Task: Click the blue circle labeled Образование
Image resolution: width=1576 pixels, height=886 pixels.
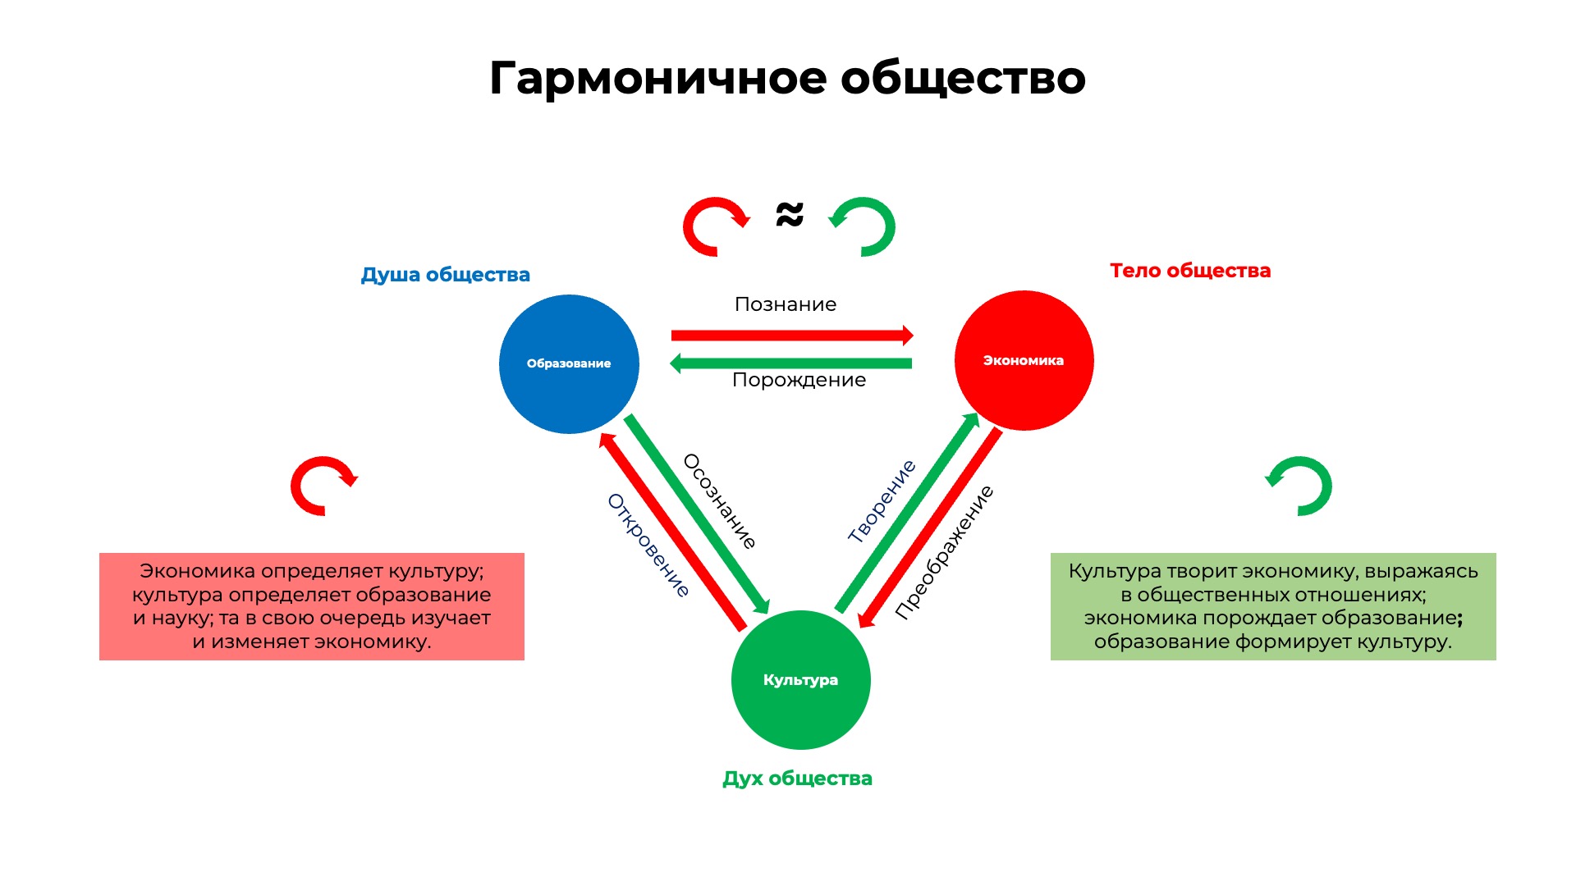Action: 569,364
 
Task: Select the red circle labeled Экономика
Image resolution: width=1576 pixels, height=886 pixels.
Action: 1024,360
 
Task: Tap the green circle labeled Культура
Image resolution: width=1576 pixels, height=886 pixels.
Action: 801,680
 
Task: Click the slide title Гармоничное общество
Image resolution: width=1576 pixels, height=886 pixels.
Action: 788,79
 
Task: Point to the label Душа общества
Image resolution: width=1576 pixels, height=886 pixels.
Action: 446,275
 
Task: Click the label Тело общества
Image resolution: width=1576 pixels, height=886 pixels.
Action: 1190,271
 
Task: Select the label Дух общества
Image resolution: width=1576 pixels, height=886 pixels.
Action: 798,779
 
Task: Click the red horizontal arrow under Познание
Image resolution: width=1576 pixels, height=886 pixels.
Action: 792,335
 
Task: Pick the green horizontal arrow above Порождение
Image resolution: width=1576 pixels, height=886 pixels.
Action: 791,363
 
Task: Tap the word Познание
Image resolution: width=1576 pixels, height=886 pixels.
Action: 786,304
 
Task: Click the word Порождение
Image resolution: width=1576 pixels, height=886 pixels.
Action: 799,380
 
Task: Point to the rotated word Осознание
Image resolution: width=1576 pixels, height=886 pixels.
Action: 720,500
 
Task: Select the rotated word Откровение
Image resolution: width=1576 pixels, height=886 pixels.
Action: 648,545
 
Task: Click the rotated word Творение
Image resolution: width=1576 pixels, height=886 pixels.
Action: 882,501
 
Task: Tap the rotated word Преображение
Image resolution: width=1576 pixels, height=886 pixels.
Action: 944,551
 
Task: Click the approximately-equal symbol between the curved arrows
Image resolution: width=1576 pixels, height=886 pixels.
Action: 790,215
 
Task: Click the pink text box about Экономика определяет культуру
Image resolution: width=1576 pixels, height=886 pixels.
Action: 312,606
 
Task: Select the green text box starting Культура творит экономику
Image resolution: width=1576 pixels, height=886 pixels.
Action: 1273,606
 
